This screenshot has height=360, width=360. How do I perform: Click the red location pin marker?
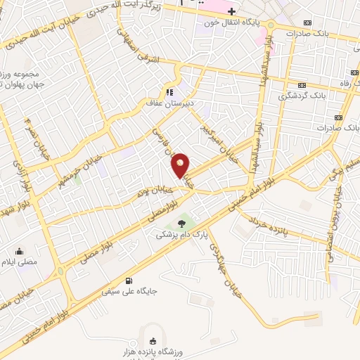coord(181,165)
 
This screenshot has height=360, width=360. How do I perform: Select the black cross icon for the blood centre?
coord(231,12)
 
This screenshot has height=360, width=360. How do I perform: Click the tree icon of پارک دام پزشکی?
coord(183,224)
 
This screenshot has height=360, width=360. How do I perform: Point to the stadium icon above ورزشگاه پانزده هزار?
coord(154,340)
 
